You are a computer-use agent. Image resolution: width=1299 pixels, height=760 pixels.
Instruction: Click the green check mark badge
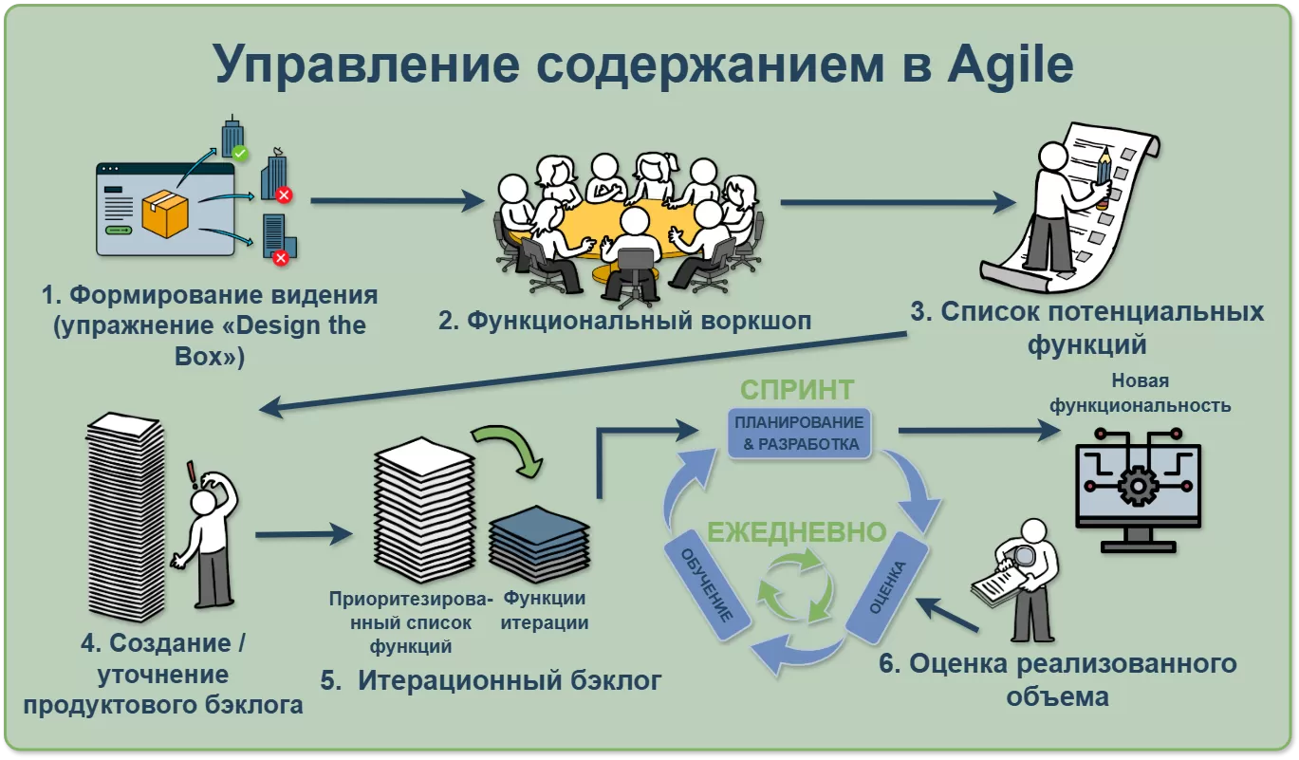click(241, 152)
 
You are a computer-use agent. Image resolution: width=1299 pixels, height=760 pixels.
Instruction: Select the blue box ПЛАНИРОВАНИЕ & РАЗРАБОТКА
click(796, 433)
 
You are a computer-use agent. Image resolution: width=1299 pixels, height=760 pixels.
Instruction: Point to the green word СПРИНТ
click(797, 390)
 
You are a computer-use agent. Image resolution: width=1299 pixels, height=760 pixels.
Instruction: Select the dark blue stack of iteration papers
click(538, 545)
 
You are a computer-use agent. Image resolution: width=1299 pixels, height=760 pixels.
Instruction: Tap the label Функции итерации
click(544, 610)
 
